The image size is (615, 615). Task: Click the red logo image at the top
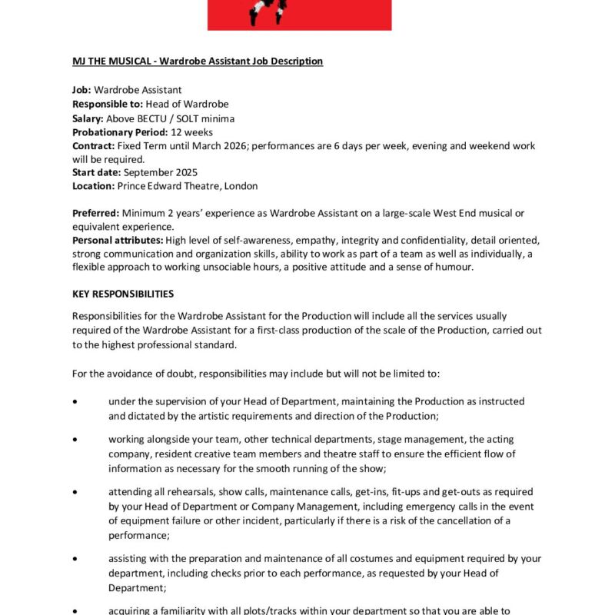tap(299, 15)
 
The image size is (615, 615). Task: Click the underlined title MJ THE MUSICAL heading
tap(198, 61)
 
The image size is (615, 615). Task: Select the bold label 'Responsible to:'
tap(107, 105)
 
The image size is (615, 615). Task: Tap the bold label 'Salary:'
tap(88, 118)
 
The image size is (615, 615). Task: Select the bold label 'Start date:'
tap(96, 172)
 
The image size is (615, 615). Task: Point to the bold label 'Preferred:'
tap(95, 213)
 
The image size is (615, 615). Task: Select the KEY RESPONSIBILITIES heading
tap(123, 294)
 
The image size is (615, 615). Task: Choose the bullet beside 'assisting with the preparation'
tap(75, 558)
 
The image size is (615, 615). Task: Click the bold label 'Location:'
tap(93, 186)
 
